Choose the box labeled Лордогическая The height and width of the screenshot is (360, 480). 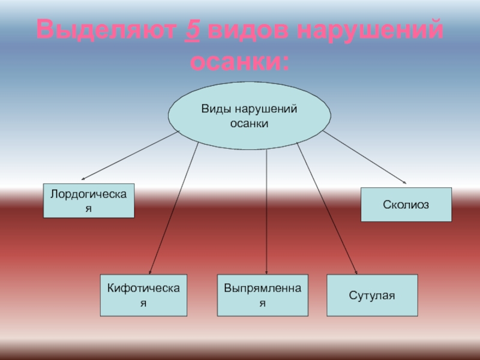[x=89, y=200]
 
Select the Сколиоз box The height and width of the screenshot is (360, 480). [x=406, y=205]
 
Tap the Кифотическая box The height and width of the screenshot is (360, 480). [x=143, y=295]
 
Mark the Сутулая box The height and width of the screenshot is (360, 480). [x=372, y=295]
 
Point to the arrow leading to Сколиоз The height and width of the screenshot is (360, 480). [x=366, y=157]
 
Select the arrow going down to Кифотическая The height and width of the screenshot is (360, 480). [x=174, y=207]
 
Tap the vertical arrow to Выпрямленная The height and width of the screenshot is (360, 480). [x=266, y=210]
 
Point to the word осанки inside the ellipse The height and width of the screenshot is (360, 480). [x=249, y=123]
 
